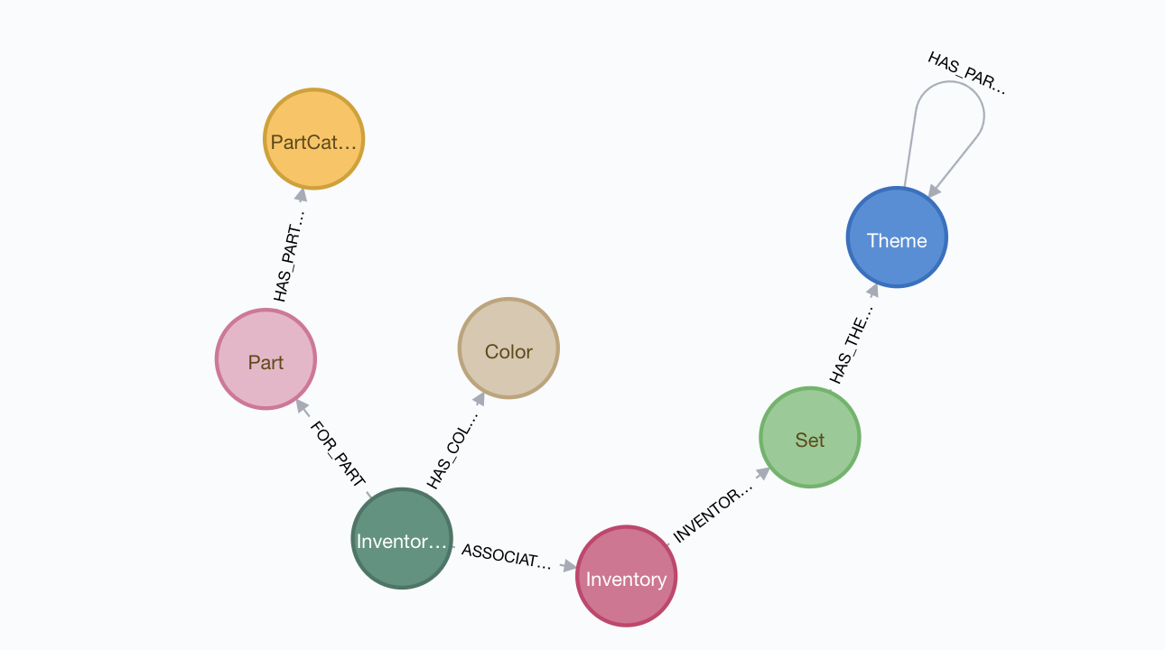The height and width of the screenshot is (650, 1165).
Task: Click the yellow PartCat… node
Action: coord(313,140)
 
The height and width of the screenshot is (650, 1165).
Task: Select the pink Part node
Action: coord(266,359)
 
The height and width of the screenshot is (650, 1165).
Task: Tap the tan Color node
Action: coord(508,348)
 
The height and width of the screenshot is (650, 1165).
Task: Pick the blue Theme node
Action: coord(896,237)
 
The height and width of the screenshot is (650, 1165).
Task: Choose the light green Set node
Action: coord(809,438)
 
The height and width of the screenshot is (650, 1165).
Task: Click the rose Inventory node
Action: coord(626,576)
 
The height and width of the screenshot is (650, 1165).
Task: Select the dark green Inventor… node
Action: coord(401,538)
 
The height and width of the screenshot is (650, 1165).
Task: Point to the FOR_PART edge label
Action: coord(337,454)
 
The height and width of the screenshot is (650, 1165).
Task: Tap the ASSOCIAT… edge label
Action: coord(506,556)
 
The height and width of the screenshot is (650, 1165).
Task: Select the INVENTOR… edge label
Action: coord(713,515)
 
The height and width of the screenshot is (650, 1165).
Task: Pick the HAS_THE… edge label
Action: coord(852,344)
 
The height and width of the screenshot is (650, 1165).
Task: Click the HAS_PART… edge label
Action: coord(290,256)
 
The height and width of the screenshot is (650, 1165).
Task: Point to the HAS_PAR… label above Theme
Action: coord(965,73)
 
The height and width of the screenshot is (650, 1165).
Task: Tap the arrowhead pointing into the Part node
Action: coord(302,407)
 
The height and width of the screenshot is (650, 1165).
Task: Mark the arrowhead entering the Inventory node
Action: coord(568,566)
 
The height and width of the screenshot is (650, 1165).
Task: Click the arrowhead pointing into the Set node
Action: coord(762,473)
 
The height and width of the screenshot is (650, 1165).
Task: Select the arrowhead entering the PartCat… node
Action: coord(302,195)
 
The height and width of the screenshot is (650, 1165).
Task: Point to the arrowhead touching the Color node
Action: coord(478,398)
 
